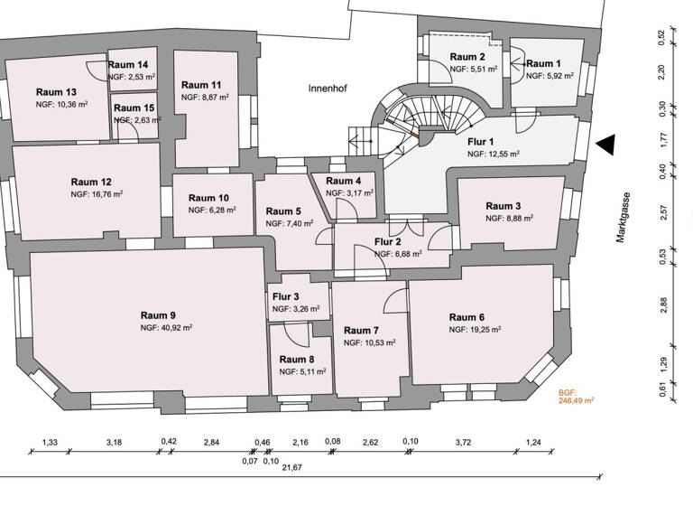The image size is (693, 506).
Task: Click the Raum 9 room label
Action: click(159, 315)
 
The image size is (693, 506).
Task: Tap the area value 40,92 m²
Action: click(166, 328)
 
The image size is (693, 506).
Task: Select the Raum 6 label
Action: click(467, 317)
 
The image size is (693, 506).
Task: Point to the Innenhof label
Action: click(328, 89)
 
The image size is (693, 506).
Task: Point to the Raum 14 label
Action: click(128, 65)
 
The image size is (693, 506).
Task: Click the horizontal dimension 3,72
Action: click(464, 442)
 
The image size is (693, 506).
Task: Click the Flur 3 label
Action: click(285, 296)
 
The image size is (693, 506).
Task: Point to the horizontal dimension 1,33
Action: click(51, 442)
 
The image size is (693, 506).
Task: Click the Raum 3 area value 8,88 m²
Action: click(508, 218)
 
